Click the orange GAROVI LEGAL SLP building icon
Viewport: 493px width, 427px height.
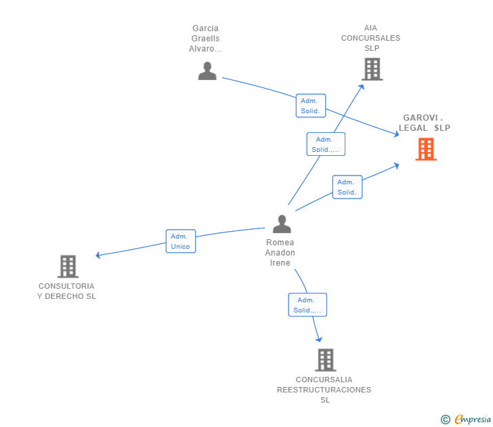pos(425,149)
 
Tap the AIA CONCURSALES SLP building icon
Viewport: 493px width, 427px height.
pos(371,69)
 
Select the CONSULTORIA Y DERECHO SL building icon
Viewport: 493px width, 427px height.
pos(68,266)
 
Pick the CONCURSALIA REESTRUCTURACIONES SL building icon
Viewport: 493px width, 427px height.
pos(325,360)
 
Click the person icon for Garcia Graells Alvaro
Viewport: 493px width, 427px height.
pos(207,71)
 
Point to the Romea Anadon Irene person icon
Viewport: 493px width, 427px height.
pos(281,224)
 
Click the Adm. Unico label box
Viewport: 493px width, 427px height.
pos(181,241)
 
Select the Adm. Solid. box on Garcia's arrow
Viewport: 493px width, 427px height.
pos(310,106)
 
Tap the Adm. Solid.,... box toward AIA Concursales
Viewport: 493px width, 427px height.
pos(326,144)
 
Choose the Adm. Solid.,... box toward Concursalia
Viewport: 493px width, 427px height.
pos(307,305)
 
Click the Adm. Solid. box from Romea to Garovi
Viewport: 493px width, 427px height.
pos(347,187)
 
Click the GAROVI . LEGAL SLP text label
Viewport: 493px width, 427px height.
pos(424,123)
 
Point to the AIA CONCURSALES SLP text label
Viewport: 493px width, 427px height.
pos(370,38)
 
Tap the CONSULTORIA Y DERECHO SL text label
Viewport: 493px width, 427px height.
pos(66,291)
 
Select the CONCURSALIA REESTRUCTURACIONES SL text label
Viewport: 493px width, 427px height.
pos(324,390)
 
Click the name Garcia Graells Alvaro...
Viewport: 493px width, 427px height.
pos(206,39)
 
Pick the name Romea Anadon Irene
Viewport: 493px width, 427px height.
pos(280,252)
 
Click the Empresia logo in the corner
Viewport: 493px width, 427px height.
pos(473,420)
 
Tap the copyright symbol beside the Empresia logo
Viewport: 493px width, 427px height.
pos(446,420)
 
